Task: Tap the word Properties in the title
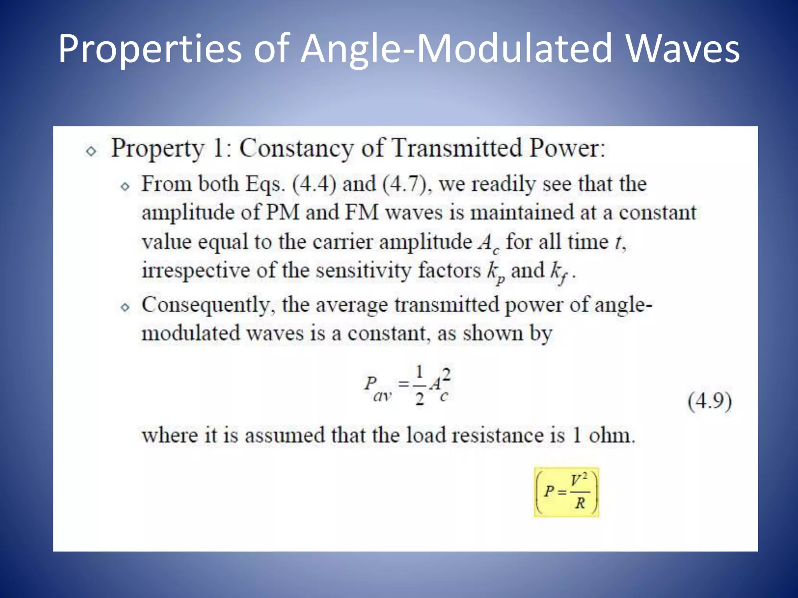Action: [x=150, y=49]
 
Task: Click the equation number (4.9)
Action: [x=710, y=401]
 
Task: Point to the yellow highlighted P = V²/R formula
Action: [x=567, y=492]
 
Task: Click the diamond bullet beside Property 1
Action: [x=91, y=151]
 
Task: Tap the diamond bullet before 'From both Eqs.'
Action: [x=125, y=186]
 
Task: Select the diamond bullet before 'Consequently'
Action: [x=125, y=308]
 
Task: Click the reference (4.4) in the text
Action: [x=314, y=184]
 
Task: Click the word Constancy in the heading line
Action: [x=297, y=148]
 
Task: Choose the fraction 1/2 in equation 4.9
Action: [x=419, y=385]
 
